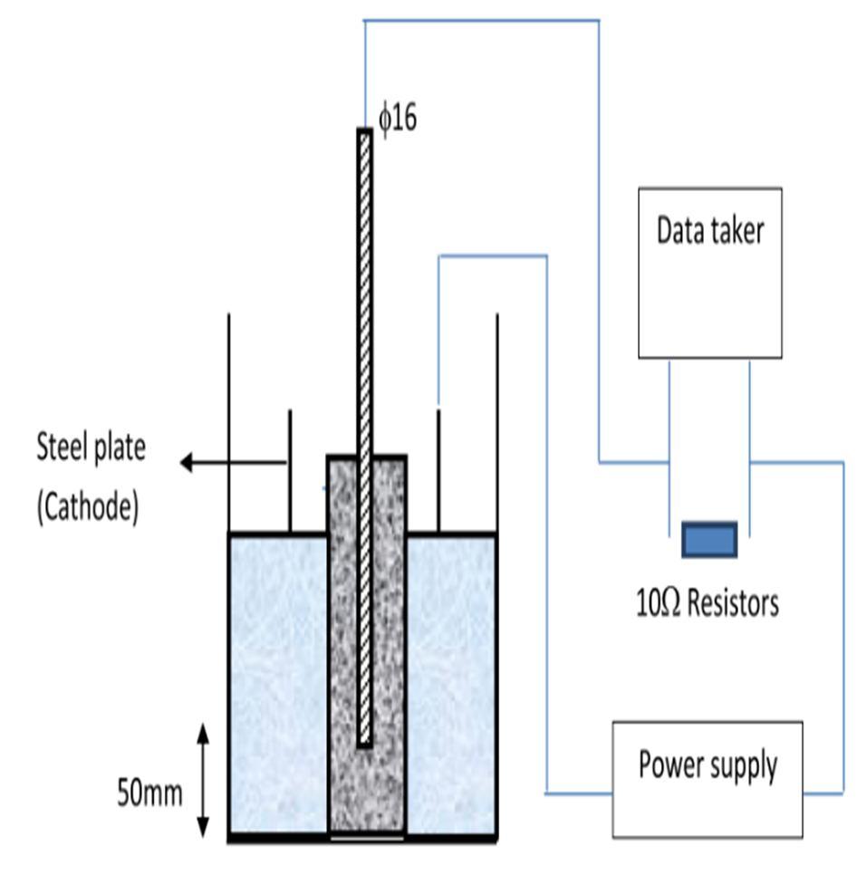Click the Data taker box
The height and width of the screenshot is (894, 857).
tap(709, 273)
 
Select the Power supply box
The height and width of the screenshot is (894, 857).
tap(707, 779)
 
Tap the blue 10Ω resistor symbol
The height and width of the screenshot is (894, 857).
tap(708, 539)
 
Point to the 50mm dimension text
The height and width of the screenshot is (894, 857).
tap(149, 793)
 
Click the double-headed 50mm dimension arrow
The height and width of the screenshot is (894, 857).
tap(203, 779)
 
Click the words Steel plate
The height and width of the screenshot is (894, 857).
tap(91, 447)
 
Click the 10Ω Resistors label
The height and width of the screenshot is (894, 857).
tap(708, 602)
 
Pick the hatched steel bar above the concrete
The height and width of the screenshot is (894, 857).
tap(364, 290)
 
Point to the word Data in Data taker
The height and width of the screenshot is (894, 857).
tap(679, 230)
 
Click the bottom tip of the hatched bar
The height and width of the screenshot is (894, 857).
tap(364, 743)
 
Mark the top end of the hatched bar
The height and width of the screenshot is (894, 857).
tap(364, 133)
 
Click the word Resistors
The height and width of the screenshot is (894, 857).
tap(731, 602)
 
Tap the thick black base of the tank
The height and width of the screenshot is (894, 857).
tap(362, 839)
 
